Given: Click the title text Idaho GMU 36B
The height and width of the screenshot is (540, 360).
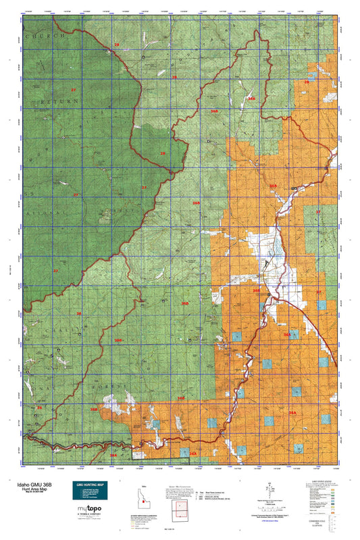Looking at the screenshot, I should [29, 484].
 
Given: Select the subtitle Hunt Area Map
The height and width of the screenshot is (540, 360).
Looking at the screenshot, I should [26, 489].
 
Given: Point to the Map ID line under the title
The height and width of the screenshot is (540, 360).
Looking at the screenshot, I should [26, 493].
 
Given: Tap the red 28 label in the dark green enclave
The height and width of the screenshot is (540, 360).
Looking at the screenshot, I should [162, 154].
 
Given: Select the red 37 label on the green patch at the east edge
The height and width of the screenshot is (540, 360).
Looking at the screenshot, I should [318, 212].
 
